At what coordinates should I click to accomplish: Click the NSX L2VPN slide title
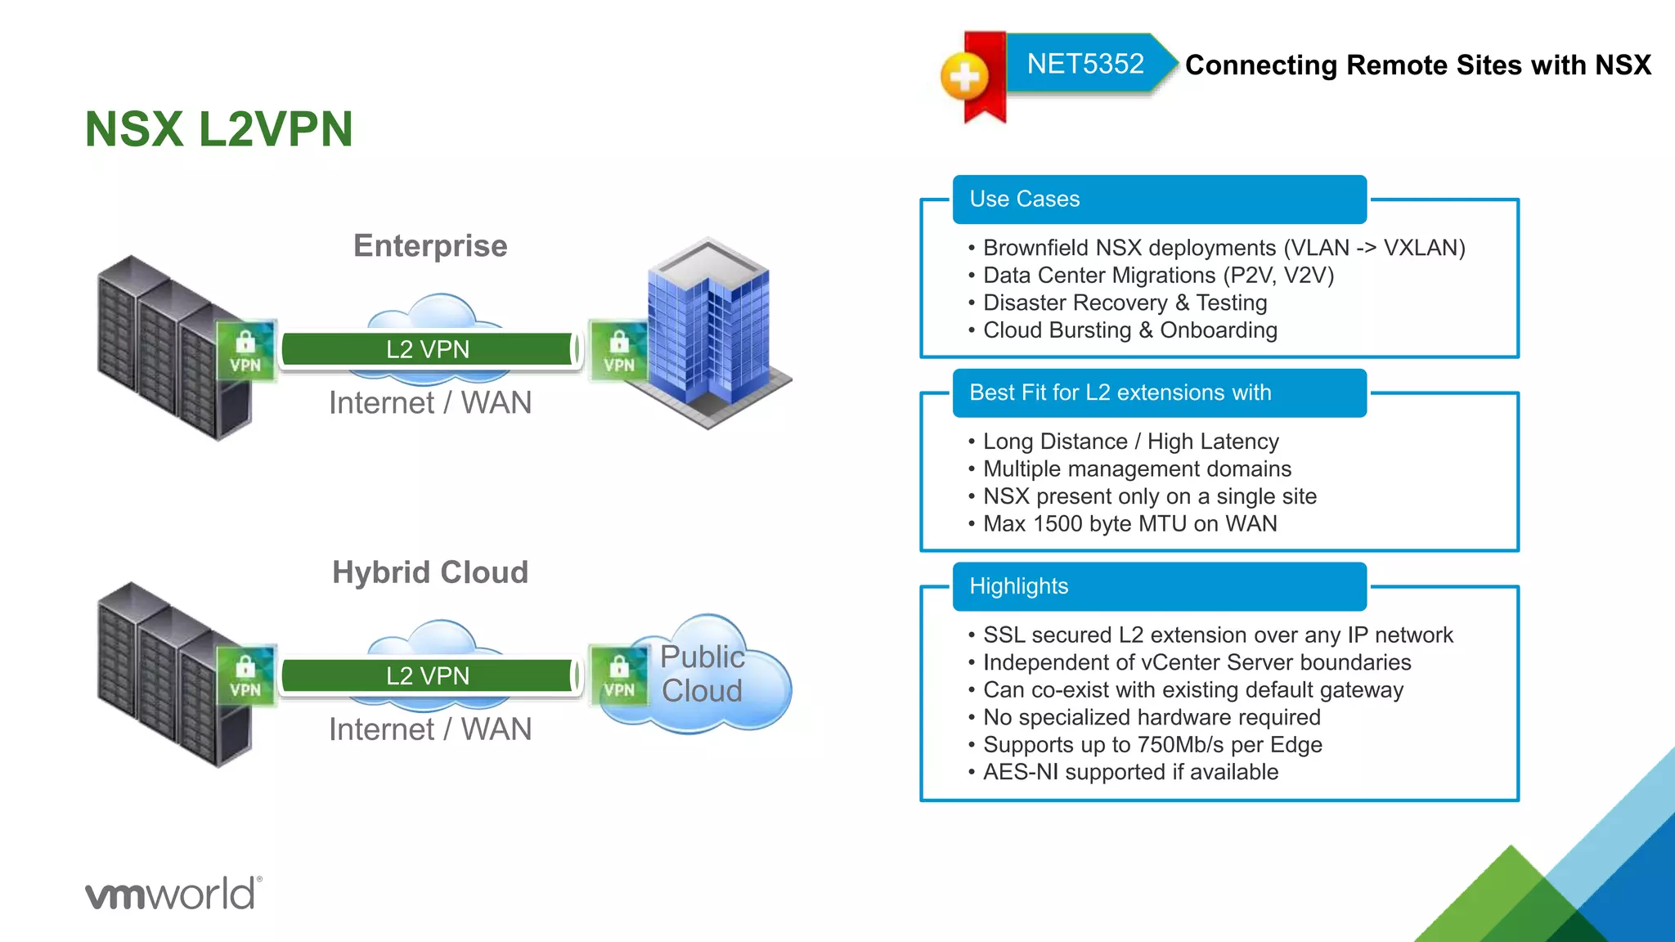click(218, 129)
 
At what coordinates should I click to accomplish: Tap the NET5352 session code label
click(1084, 64)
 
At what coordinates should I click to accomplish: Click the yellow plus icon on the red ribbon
click(965, 77)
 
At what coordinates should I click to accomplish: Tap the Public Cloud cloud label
click(702, 674)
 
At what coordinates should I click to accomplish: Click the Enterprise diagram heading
click(430, 246)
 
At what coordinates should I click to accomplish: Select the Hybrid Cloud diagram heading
click(430, 572)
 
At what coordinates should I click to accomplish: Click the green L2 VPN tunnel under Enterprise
click(428, 349)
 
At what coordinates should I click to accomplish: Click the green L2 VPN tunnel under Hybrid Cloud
click(428, 675)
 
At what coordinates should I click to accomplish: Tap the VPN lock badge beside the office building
click(619, 351)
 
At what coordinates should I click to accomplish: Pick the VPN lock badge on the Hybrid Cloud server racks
click(245, 676)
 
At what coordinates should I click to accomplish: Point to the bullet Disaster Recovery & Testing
click(1125, 303)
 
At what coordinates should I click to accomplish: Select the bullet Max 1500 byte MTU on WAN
click(1129, 524)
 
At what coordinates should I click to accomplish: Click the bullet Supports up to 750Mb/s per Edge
click(1152, 745)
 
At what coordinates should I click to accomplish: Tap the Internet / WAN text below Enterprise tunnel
click(430, 403)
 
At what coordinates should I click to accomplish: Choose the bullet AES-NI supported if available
click(1130, 772)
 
